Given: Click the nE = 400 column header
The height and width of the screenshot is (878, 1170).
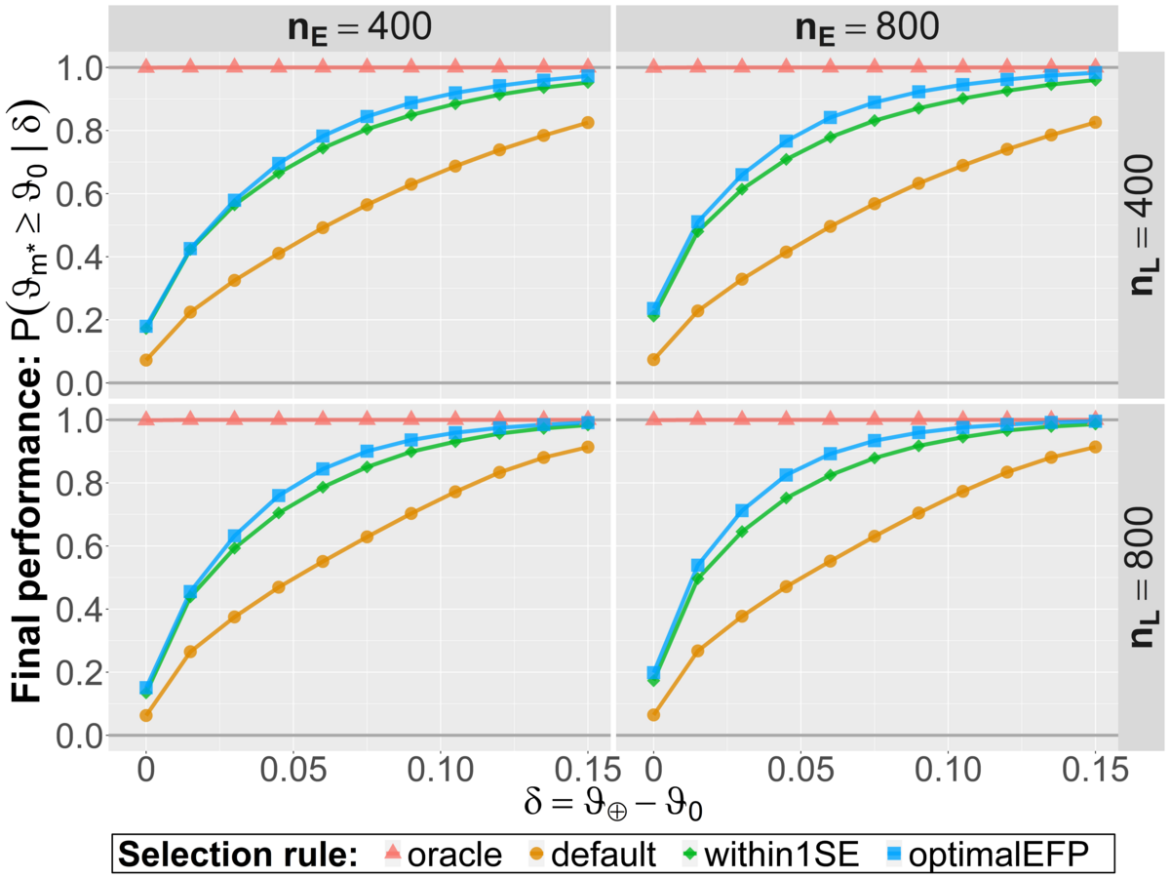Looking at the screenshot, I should (x=359, y=26).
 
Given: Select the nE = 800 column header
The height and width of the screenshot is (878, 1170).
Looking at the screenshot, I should (x=866, y=26).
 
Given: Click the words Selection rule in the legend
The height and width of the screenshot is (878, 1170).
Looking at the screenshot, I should (x=239, y=856).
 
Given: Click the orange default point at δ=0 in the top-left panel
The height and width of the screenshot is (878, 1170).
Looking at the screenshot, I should (x=146, y=360).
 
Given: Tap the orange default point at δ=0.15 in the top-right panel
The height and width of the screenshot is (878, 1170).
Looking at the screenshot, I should (x=1095, y=122).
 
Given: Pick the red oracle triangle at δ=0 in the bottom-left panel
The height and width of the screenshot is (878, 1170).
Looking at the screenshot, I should (x=146, y=419).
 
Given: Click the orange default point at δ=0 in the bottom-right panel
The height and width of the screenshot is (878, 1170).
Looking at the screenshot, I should (x=653, y=715).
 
